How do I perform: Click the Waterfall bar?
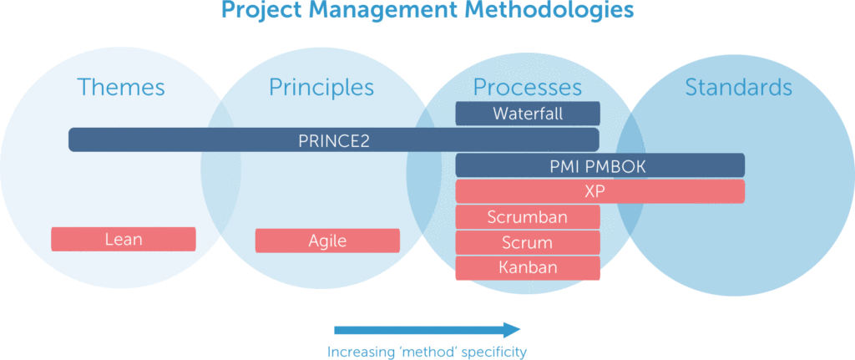[527, 114]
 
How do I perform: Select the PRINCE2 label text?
[334, 140]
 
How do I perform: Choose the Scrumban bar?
[527, 217]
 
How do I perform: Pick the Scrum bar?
[527, 243]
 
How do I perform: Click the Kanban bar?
[527, 268]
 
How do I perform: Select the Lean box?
[124, 240]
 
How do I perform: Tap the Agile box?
[327, 241]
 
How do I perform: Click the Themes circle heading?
[121, 87]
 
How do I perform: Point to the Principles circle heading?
[321, 87]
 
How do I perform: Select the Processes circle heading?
[527, 87]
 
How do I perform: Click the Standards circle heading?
[738, 87]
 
